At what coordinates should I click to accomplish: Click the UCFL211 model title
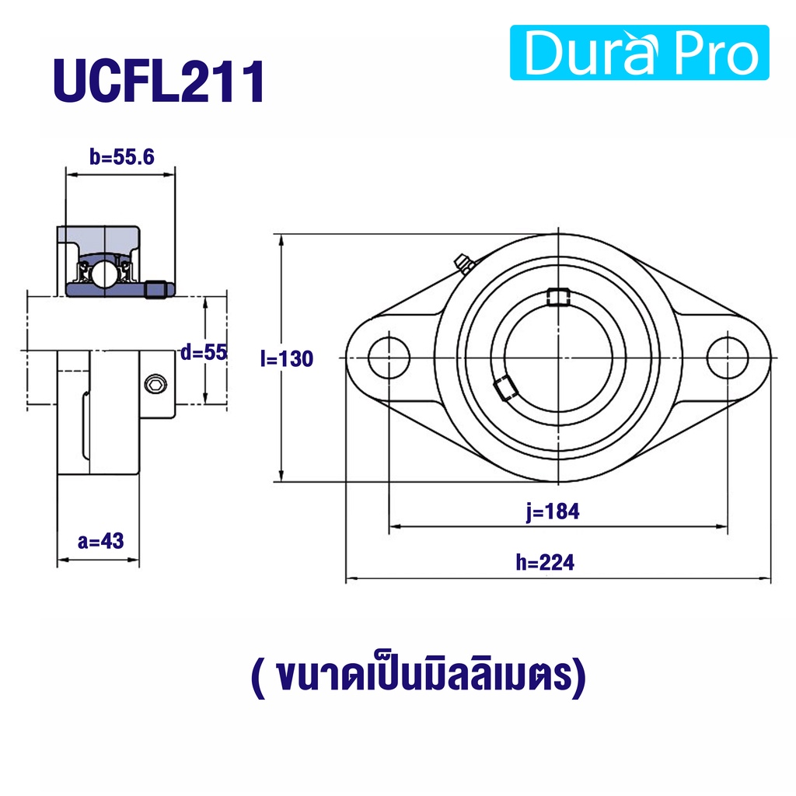click(159, 81)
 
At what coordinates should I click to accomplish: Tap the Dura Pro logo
click(639, 52)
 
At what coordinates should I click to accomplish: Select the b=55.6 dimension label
click(122, 157)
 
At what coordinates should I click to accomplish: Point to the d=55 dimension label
click(204, 352)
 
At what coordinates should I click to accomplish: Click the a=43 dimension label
click(100, 541)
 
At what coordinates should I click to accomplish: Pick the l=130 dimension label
click(287, 359)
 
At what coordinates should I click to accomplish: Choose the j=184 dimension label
click(553, 511)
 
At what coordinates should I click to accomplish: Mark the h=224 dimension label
click(545, 563)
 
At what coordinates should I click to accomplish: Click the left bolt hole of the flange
click(389, 358)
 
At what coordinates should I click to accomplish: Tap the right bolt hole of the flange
click(728, 358)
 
